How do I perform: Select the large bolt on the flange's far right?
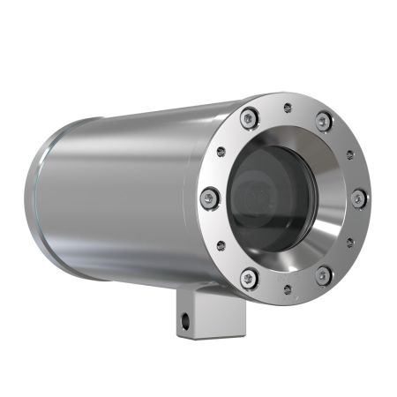coord(358,199)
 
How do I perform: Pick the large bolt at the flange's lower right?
coord(323,274)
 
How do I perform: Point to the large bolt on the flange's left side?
coord(209,198)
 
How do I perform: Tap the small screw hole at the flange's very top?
coord(288,108)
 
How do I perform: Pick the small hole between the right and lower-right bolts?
coord(350,241)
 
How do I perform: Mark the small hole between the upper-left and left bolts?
coord(221,152)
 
